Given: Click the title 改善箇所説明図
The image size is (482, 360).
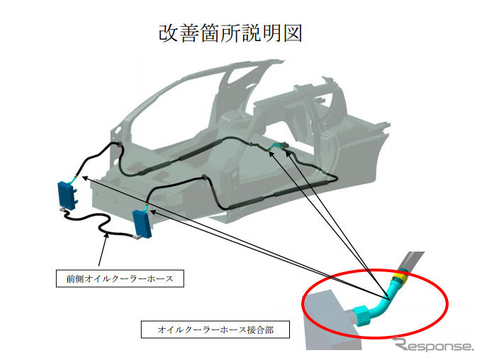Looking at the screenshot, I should [231, 33].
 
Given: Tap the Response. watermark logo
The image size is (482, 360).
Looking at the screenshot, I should [435, 345].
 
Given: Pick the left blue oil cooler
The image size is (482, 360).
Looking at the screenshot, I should [67, 194].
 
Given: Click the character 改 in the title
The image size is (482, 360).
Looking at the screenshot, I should [169, 33].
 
